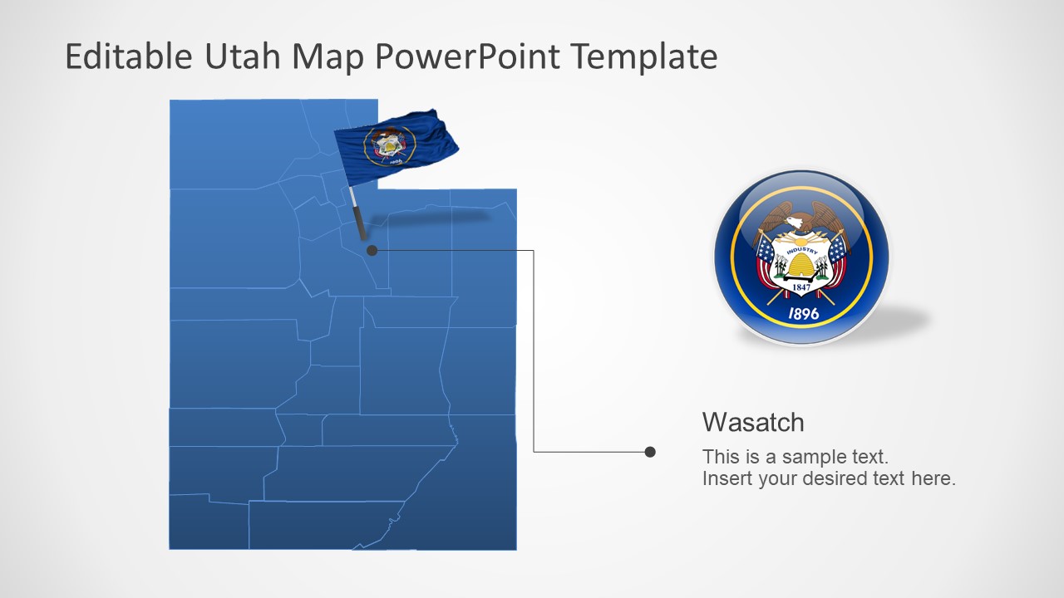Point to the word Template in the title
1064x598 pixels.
tap(645, 56)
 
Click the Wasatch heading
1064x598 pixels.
tap(753, 422)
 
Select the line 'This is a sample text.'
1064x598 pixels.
tap(796, 456)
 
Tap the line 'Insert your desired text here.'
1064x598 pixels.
tap(829, 478)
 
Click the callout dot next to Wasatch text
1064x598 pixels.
tap(650, 452)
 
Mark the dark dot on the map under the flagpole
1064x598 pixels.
tap(372, 250)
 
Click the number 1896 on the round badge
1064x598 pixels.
tap(803, 314)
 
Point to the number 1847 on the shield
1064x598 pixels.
tap(800, 288)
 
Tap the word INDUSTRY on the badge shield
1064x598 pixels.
tap(801, 250)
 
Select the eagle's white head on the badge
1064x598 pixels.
tap(797, 223)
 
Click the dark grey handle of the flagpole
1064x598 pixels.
tap(359, 223)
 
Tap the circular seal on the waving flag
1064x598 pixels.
tap(388, 145)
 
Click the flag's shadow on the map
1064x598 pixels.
tap(432, 218)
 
